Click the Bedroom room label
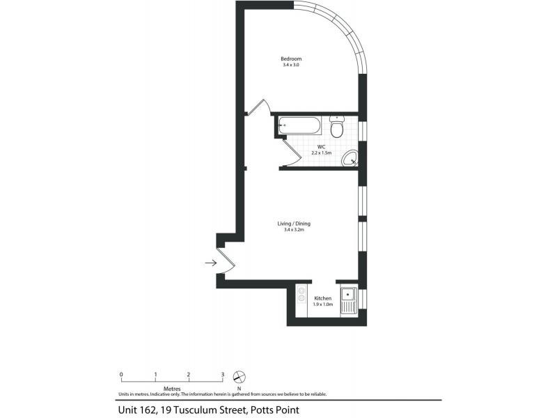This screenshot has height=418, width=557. point(290,59)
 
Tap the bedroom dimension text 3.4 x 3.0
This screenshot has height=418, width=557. point(290,65)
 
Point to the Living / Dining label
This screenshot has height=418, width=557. point(293,224)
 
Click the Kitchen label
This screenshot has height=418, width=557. point(323,298)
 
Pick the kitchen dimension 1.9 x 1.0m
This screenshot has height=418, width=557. point(323,304)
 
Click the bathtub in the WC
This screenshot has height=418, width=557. point(299,126)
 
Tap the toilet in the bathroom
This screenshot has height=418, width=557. point(336,128)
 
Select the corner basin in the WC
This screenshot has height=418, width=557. point(350,160)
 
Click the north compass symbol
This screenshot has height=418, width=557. point(240,376)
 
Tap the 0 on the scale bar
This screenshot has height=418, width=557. point(121,374)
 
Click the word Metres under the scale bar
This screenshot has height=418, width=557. point(172,389)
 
